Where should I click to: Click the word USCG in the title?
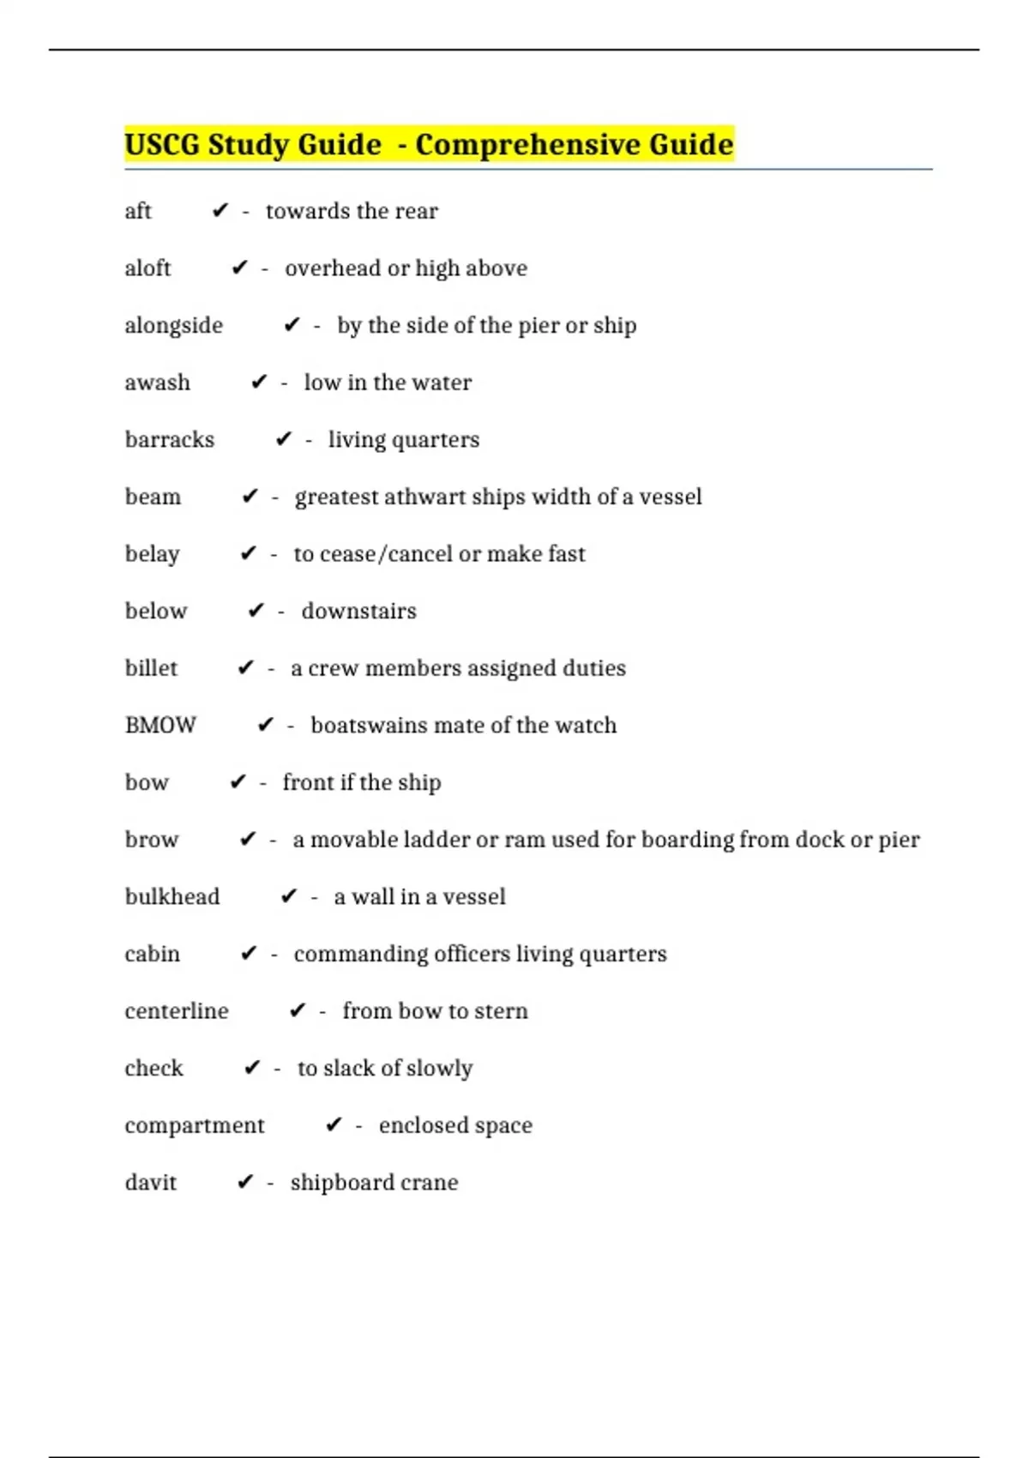pyautogui.click(x=162, y=144)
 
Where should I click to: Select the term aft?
pyautogui.click(x=138, y=211)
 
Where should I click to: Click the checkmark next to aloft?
pyautogui.click(x=239, y=268)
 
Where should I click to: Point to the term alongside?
pyautogui.click(x=173, y=326)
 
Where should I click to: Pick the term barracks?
pyautogui.click(x=170, y=440)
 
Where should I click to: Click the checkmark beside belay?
pyautogui.click(x=249, y=554)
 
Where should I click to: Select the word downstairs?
pyautogui.click(x=358, y=612)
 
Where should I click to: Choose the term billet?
pyautogui.click(x=151, y=668)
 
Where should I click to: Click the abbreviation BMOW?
pyautogui.click(x=160, y=726)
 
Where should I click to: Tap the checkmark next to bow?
pyautogui.click(x=238, y=782)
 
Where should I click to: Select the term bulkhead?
pyautogui.click(x=172, y=897)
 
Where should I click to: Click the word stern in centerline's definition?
pyautogui.click(x=502, y=1011)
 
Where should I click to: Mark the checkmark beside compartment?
pyautogui.click(x=334, y=1125)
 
